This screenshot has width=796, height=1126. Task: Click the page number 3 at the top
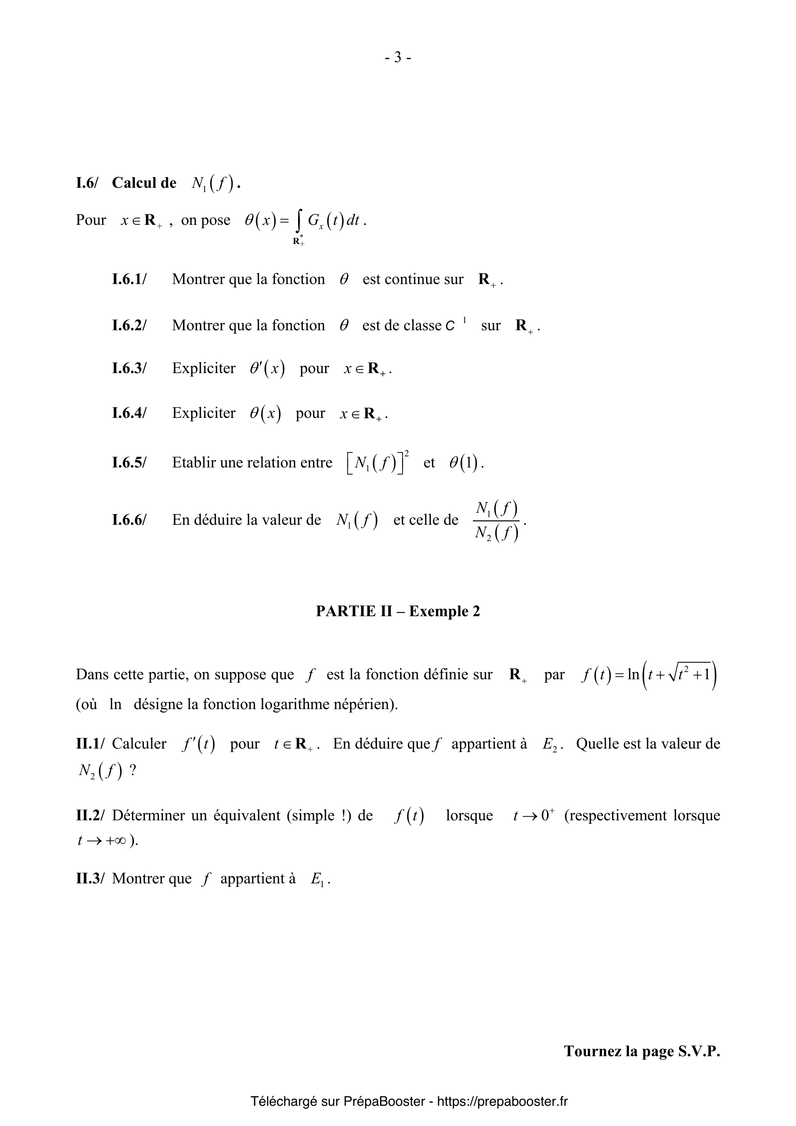(x=398, y=58)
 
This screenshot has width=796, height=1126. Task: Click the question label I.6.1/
(x=129, y=279)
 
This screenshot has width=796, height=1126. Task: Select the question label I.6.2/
(x=129, y=325)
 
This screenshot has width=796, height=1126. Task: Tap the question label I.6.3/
(x=129, y=368)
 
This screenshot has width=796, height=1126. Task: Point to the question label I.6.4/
(x=129, y=413)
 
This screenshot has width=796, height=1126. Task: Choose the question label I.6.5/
(x=129, y=463)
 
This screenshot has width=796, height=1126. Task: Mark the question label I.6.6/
(x=129, y=520)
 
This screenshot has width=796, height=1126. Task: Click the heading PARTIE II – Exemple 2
(x=398, y=611)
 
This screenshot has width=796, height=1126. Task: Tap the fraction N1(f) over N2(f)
(x=496, y=521)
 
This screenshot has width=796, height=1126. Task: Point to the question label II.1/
(x=90, y=743)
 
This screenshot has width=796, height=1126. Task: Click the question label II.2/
(x=90, y=815)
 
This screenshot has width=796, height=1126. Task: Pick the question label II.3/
(x=90, y=879)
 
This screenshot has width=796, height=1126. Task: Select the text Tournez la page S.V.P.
(x=641, y=1051)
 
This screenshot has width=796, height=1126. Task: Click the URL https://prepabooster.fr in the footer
(x=502, y=1101)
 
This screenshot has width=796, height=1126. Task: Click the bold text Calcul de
(x=144, y=182)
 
